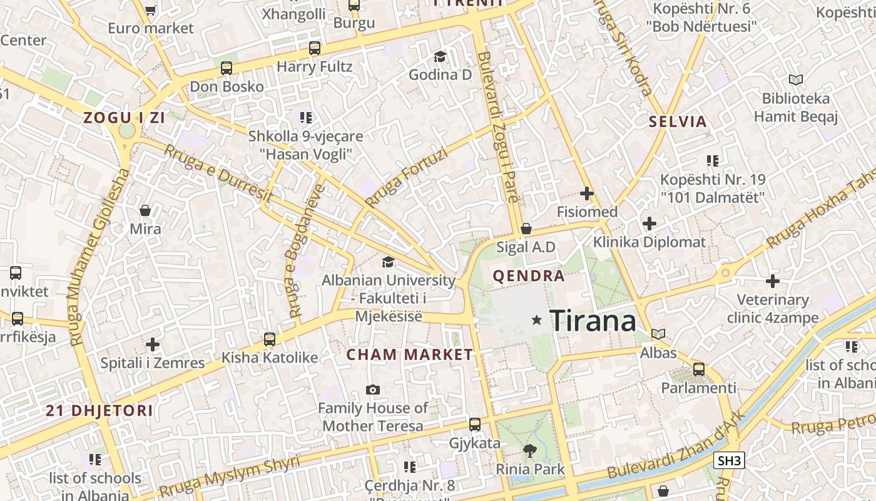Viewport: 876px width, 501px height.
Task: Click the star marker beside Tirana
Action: [536, 320]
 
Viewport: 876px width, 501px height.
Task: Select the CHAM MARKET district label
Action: [410, 354]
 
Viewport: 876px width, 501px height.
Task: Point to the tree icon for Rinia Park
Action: [530, 450]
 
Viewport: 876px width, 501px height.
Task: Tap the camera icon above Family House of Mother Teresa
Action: [373, 390]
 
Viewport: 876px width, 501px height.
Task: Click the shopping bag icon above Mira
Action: [145, 210]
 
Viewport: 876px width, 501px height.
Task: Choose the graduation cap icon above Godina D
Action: [440, 56]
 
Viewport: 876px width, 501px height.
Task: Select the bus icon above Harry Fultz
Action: [315, 48]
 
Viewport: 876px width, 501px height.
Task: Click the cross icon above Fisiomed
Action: [586, 194]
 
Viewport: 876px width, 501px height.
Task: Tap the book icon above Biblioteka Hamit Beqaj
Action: [795, 80]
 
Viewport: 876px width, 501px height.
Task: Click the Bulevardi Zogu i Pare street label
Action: [497, 127]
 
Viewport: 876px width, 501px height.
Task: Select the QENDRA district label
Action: [529, 276]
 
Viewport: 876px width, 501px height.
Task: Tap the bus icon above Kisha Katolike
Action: [270, 339]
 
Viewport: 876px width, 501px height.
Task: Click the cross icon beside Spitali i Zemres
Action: [153, 344]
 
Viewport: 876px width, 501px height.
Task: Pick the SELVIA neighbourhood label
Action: [678, 121]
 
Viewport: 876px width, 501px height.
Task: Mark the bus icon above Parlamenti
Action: [699, 369]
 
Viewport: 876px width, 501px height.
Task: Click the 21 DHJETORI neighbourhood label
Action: [99, 411]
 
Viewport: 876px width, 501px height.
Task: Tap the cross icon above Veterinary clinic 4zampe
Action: [773, 281]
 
